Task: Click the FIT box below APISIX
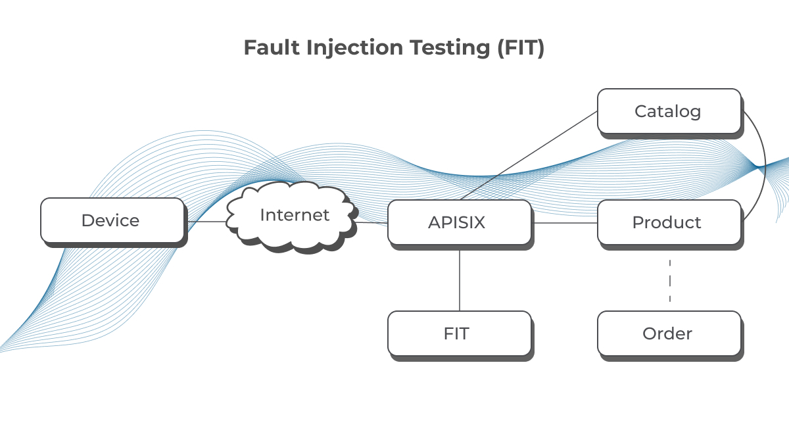coord(459,333)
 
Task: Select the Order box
coord(669,333)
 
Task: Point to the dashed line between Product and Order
coord(670,281)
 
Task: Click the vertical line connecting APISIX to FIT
coord(459,280)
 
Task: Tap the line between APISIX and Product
coord(564,223)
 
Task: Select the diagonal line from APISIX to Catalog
coord(529,155)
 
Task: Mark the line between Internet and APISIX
coord(372,223)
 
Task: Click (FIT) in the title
coord(519,48)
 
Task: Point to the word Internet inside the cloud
coord(295,214)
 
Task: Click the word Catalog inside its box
coord(668,111)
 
